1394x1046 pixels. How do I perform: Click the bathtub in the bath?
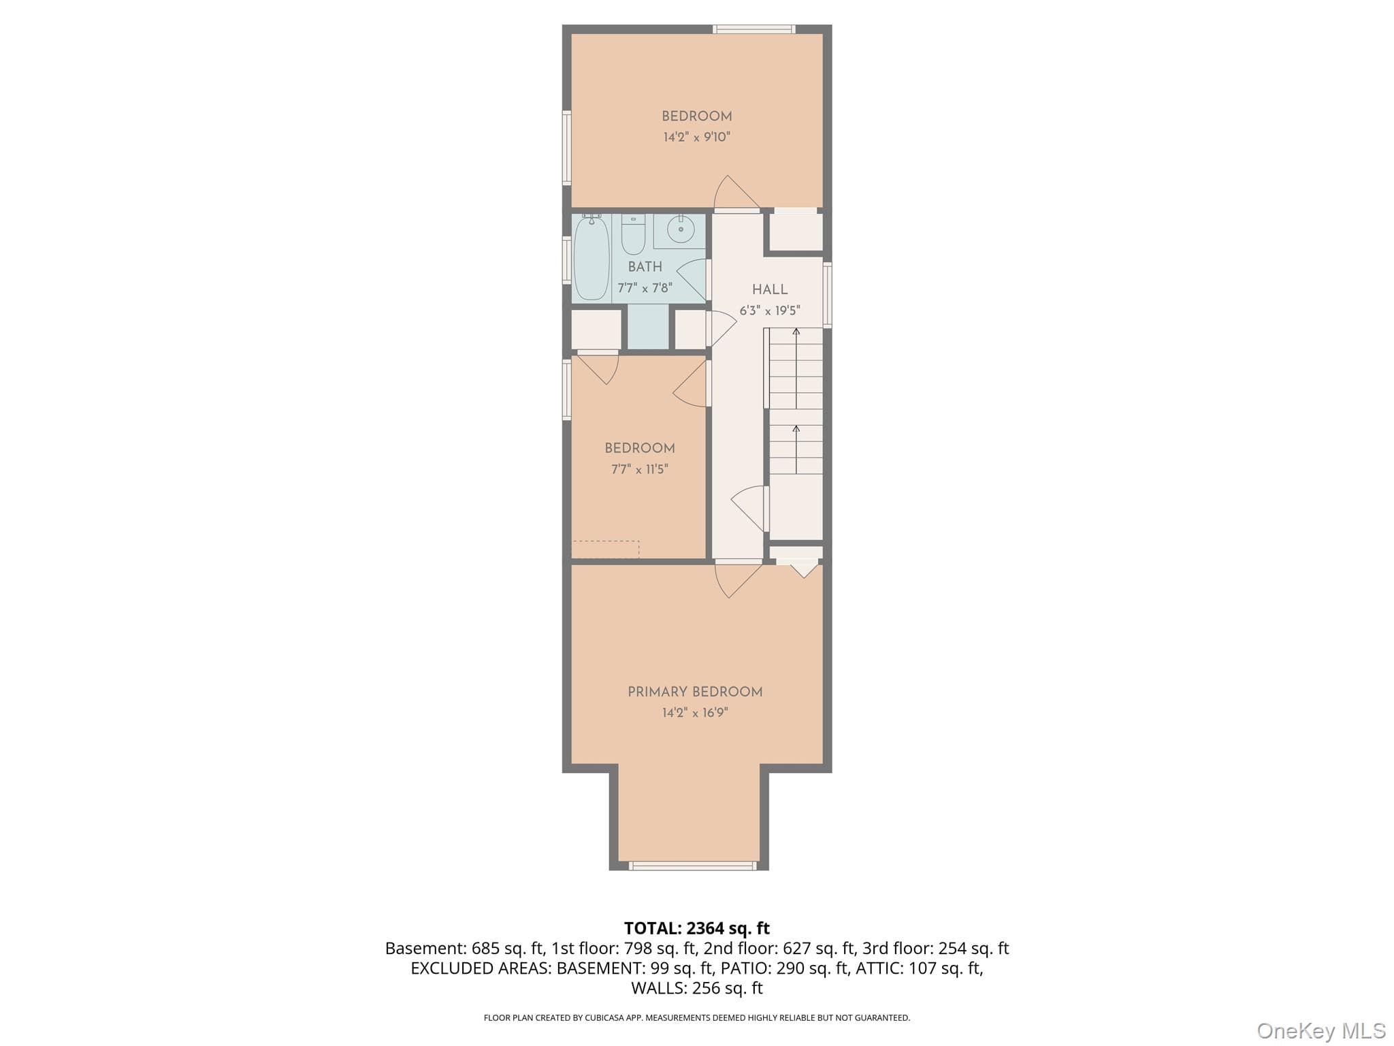click(x=591, y=258)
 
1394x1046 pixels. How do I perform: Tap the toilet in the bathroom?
click(x=633, y=234)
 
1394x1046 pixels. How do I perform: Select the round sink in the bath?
click(x=680, y=229)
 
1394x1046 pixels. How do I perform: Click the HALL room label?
click(x=770, y=289)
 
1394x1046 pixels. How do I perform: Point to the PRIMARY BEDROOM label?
click(x=695, y=692)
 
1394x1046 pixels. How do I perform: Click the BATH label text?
click(x=645, y=267)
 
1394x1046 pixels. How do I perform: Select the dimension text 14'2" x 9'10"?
click(x=697, y=137)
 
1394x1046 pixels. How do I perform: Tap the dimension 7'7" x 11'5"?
click(x=640, y=469)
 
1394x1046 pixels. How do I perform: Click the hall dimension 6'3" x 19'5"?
click(x=770, y=311)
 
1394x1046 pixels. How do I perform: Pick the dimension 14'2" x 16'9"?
click(x=695, y=713)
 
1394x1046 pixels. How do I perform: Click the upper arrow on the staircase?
click(x=796, y=368)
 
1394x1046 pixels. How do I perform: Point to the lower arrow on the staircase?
click(x=796, y=449)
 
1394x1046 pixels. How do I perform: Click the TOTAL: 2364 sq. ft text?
click(x=697, y=928)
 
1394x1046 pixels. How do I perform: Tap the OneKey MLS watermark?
click(x=1321, y=1030)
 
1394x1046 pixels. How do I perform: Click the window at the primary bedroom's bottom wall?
click(x=692, y=866)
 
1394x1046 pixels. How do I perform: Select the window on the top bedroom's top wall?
click(x=754, y=29)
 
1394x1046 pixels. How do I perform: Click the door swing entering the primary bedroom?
click(x=739, y=580)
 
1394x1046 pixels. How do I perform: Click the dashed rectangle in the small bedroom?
click(x=606, y=550)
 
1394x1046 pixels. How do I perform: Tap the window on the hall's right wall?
click(x=828, y=294)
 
